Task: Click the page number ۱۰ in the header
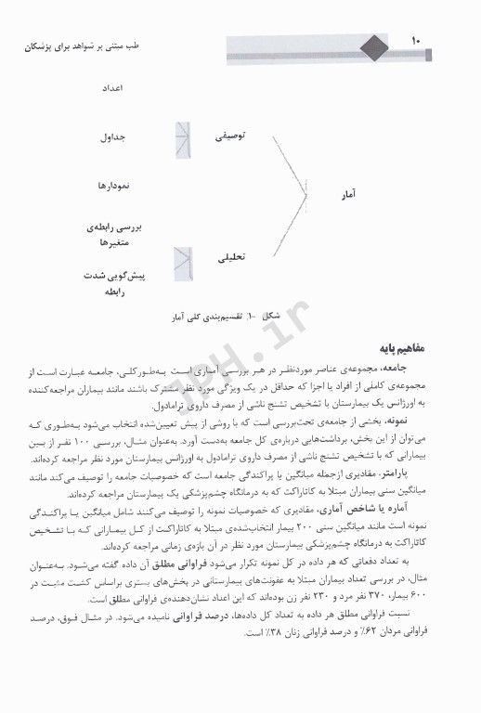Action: click(414, 42)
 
